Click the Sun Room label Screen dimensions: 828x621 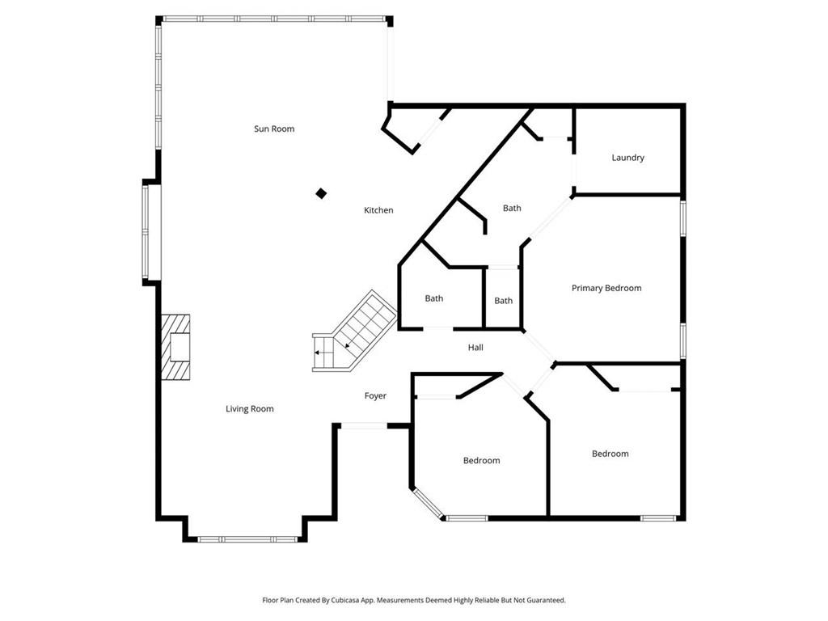pyautogui.click(x=274, y=129)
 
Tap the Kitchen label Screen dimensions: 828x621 pyautogui.click(x=378, y=210)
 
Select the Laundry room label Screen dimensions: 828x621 pyautogui.click(x=627, y=158)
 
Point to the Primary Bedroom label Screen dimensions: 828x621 pyautogui.click(x=606, y=288)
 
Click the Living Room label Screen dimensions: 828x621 pyautogui.click(x=250, y=408)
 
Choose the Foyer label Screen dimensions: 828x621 pyautogui.click(x=375, y=395)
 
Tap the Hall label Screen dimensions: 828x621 pyautogui.click(x=475, y=348)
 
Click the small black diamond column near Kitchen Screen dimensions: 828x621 pyautogui.click(x=321, y=194)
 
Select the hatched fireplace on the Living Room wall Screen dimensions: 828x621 pyautogui.click(x=175, y=348)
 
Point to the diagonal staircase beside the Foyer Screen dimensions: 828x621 pyautogui.click(x=355, y=331)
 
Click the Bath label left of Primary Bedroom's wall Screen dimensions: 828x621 pyautogui.click(x=503, y=301)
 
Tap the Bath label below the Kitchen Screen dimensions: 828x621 pyautogui.click(x=434, y=298)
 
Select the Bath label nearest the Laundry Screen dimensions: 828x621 pyautogui.click(x=512, y=208)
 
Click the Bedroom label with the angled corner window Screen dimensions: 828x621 pyautogui.click(x=482, y=460)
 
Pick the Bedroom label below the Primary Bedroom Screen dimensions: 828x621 pyautogui.click(x=610, y=454)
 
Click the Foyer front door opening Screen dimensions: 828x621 pyautogui.click(x=365, y=425)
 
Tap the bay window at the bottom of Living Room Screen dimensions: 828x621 pyautogui.click(x=247, y=539)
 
